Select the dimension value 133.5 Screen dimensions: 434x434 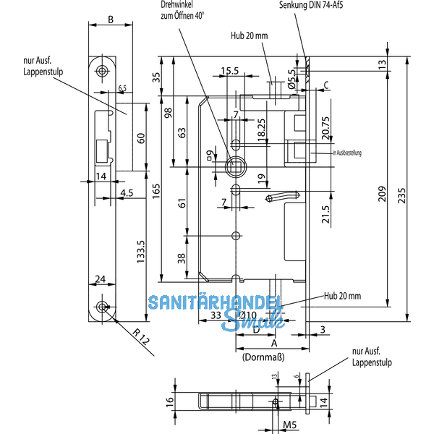pyautogui.click(x=142, y=250)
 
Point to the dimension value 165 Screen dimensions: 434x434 pyautogui.click(x=156, y=191)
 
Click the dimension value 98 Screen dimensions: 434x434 pyautogui.click(x=167, y=114)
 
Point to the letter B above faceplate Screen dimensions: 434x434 pyautogui.click(x=110, y=20)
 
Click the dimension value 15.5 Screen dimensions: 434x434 pyautogui.click(x=230, y=70)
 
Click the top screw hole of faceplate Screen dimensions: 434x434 pyautogui.click(x=102, y=70)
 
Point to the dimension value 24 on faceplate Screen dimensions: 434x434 pyautogui.click(x=101, y=278)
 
